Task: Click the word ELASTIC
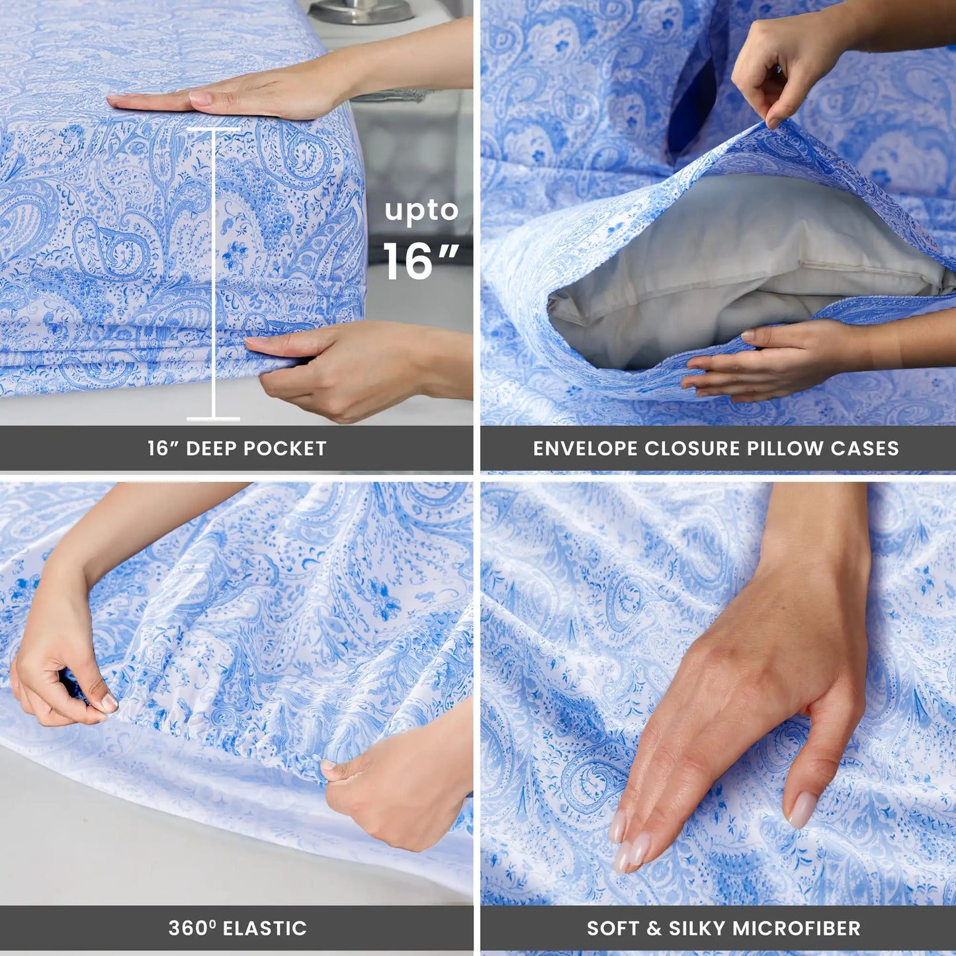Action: coord(265,928)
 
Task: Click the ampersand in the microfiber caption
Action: coord(654,928)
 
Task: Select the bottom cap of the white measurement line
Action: coord(213,418)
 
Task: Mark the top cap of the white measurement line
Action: coord(213,129)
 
